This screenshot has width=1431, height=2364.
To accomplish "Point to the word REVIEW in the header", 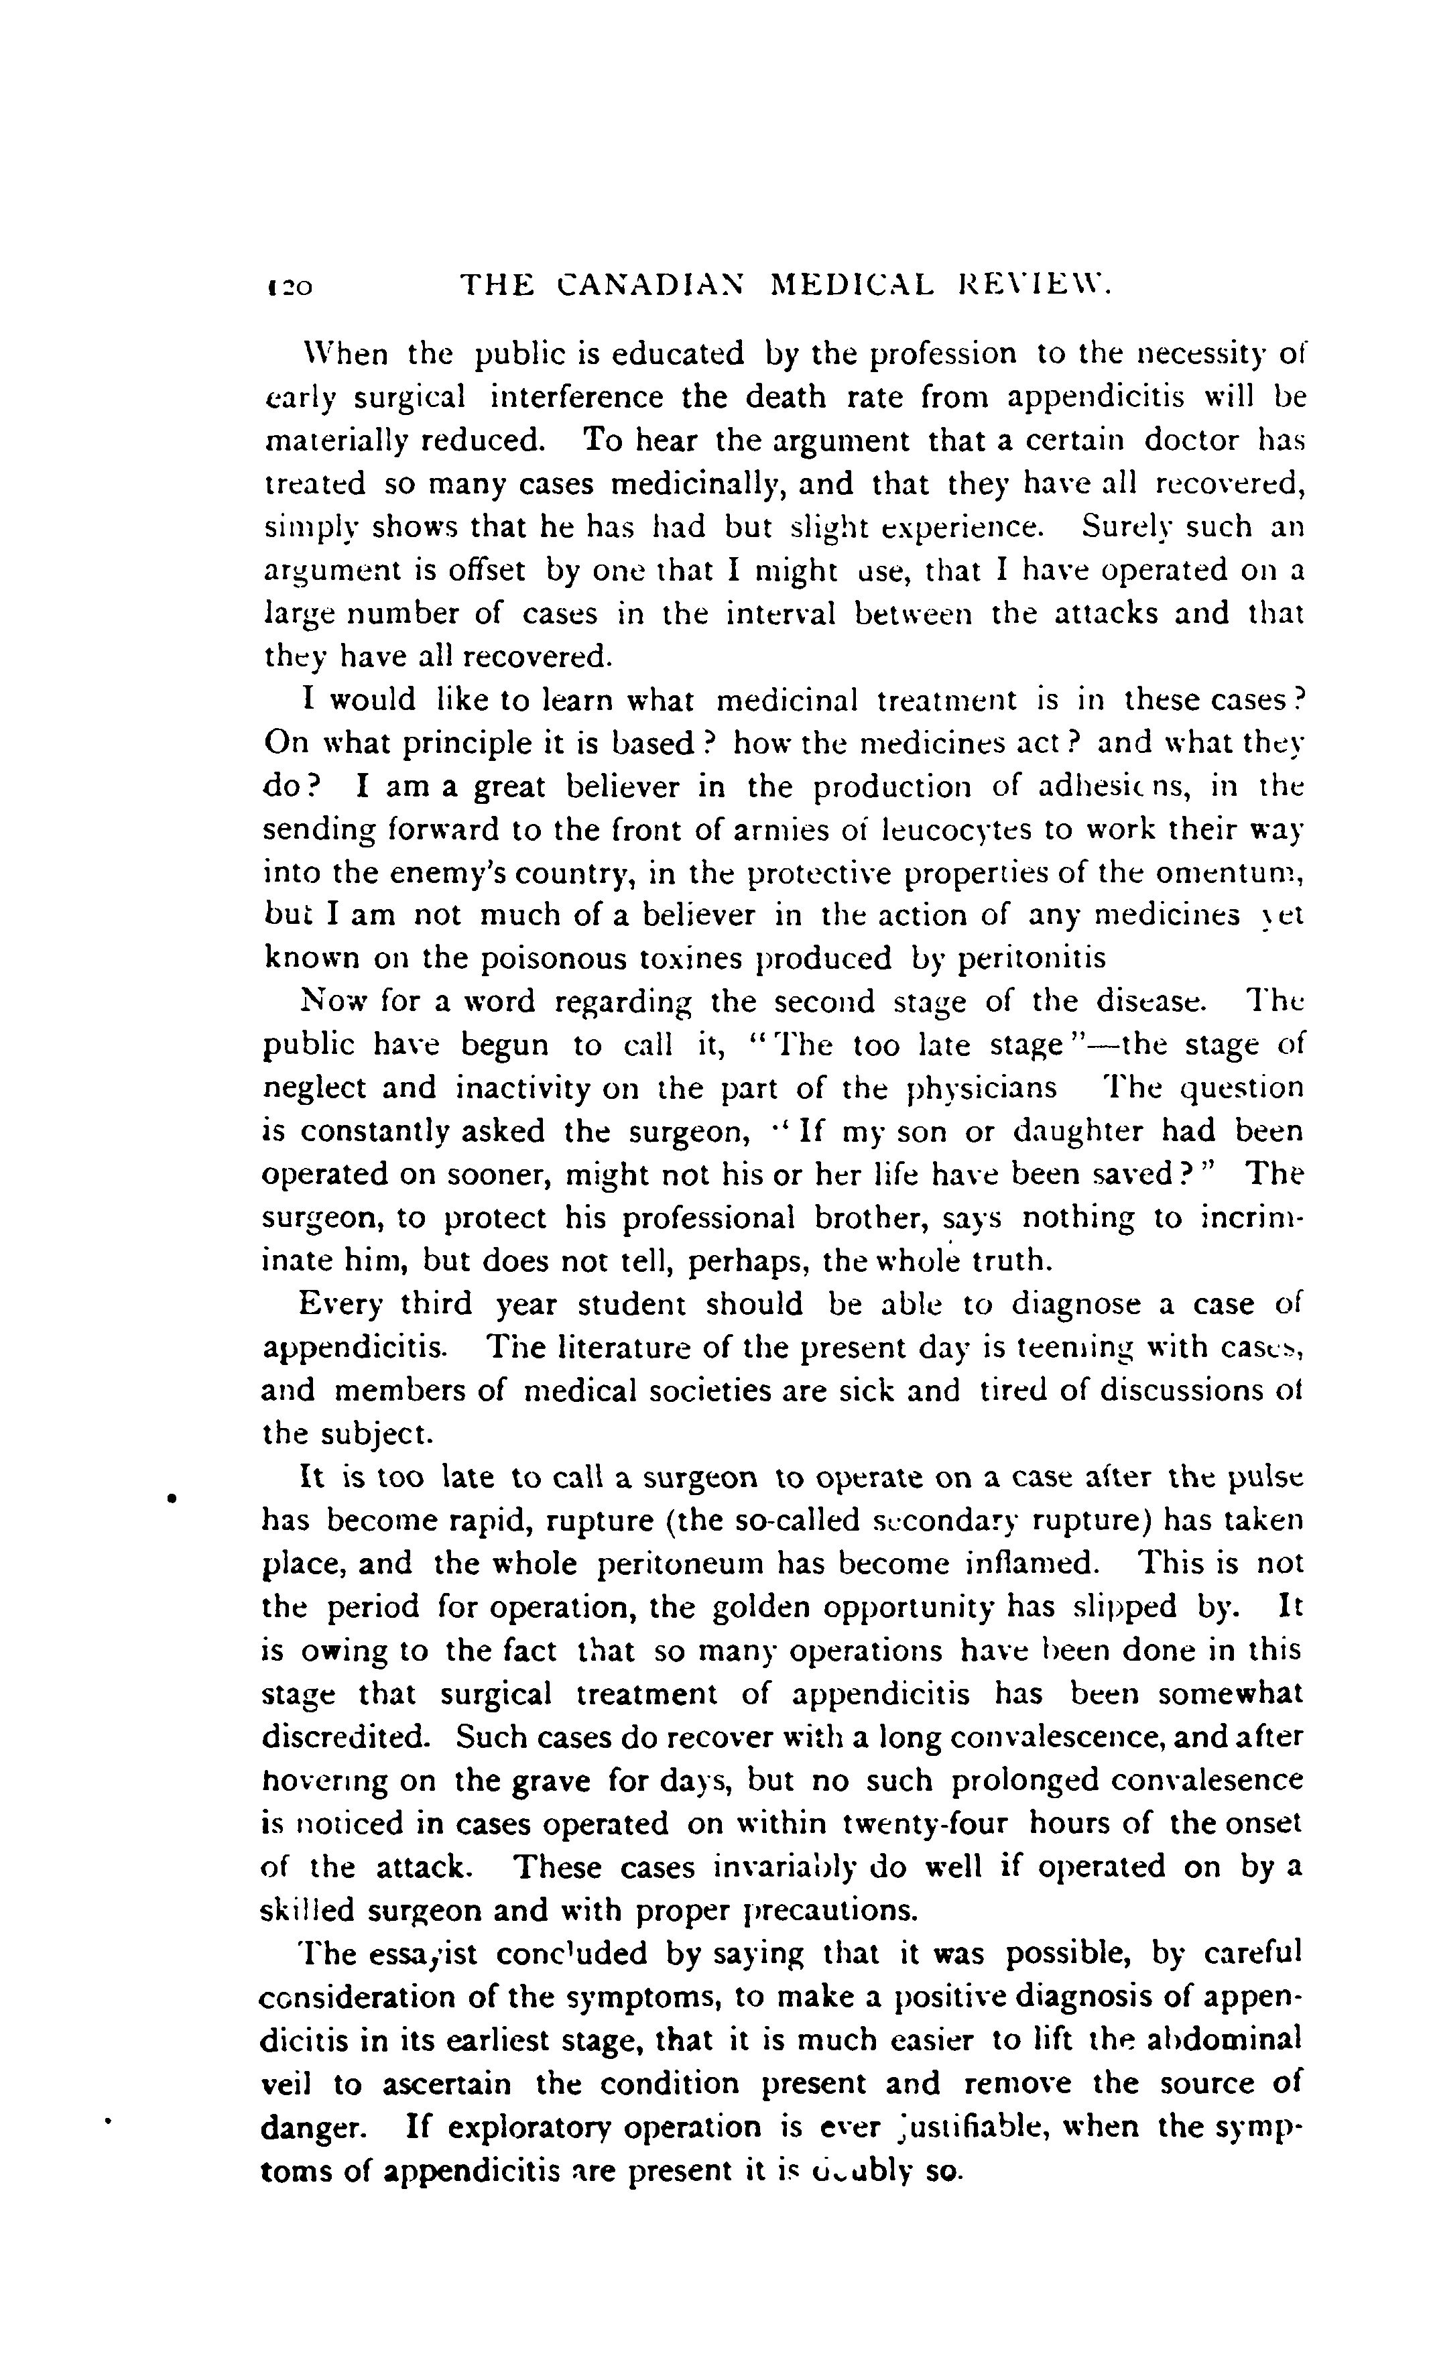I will pyautogui.click(x=1034, y=285).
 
